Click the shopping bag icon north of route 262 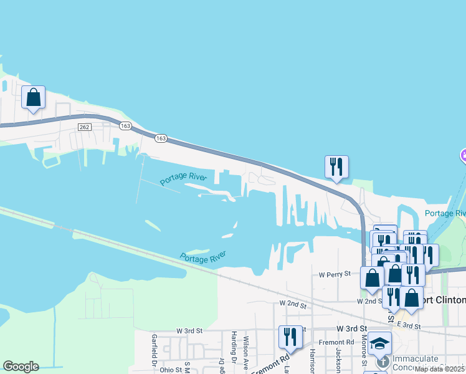coord(33,98)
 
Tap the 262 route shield coord(85,127)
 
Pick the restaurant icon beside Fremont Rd coord(290,338)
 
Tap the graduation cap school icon coord(379,343)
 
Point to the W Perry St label coord(335,274)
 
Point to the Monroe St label coord(364,352)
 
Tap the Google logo coord(21,367)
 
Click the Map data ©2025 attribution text coord(440,369)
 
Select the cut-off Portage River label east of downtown coord(445,213)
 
